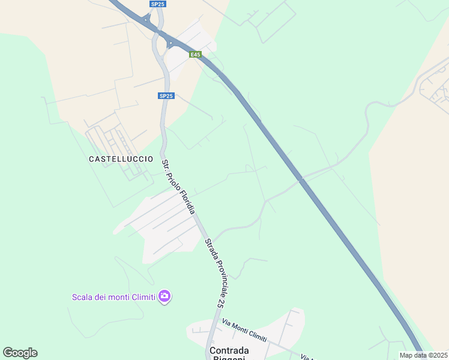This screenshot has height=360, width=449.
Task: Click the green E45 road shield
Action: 195,55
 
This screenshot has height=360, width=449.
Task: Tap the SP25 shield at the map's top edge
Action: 158,4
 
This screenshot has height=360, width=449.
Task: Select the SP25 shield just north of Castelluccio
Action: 166,96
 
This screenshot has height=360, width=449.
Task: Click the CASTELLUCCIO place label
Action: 116,159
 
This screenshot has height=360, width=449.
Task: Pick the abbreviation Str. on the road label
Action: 166,163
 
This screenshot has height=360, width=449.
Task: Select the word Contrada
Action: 229,350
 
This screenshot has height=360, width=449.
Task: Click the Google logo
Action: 20,353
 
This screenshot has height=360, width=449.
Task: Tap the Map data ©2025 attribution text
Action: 424,355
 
